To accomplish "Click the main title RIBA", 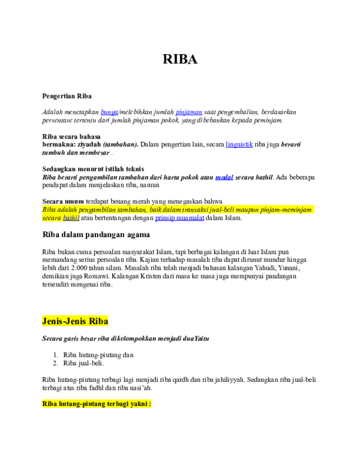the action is pyautogui.click(x=180, y=59).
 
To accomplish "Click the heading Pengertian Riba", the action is pyautogui.click(x=67, y=96).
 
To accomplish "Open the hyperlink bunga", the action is pyautogui.click(x=109, y=112).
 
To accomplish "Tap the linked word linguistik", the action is pyautogui.click(x=239, y=145).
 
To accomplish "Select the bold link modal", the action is pyautogui.click(x=224, y=177).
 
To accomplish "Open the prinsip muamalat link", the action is pyautogui.click(x=180, y=218).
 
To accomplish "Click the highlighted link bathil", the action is pyautogui.click(x=71, y=218).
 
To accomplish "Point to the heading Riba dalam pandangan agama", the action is pyautogui.click(x=96, y=235).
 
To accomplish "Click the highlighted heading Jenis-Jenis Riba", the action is pyautogui.click(x=75, y=321).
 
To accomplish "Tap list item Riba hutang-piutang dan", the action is pyautogui.click(x=98, y=355).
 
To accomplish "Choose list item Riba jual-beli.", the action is pyautogui.click(x=83, y=363).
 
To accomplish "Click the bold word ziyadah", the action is pyautogui.click(x=89, y=145).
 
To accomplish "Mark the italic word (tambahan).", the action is pyautogui.click(x=121, y=145).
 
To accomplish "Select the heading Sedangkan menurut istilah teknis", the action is pyautogui.click(x=93, y=169).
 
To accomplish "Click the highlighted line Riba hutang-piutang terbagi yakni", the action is pyautogui.click(x=97, y=404).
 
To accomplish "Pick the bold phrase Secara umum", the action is pyautogui.click(x=63, y=201).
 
